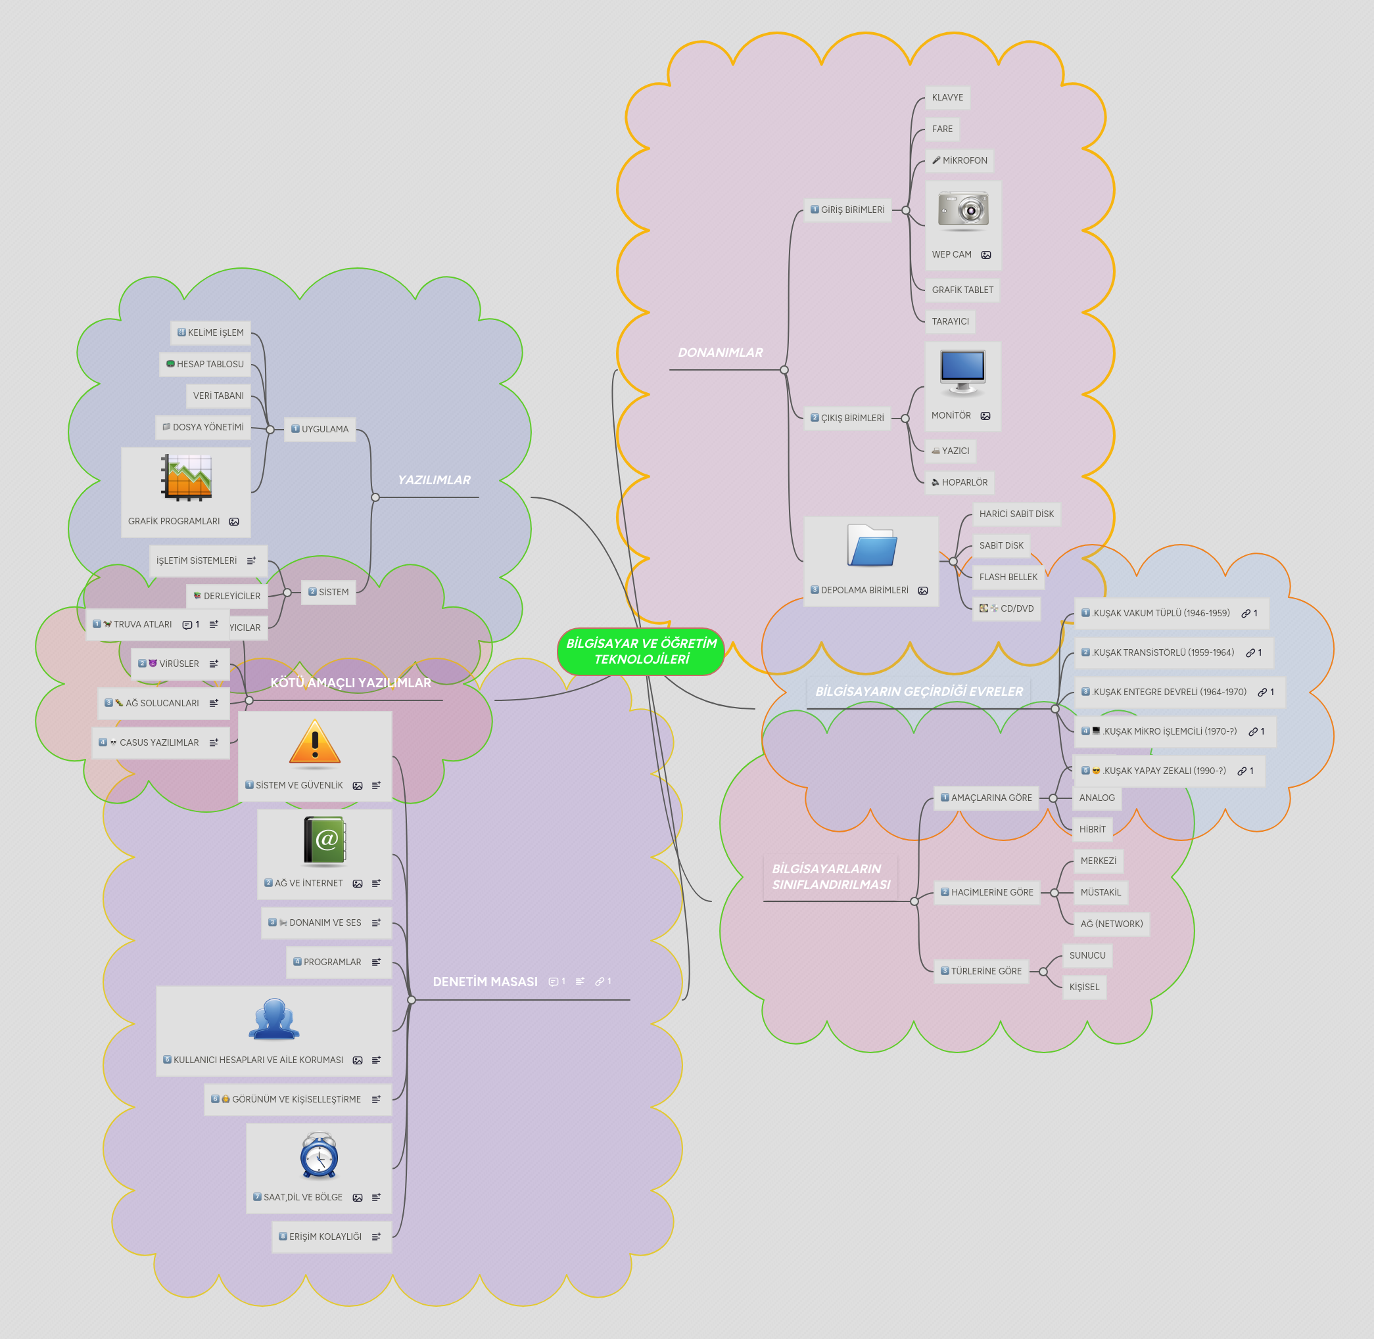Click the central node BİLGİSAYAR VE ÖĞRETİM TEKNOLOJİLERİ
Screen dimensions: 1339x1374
pyautogui.click(x=641, y=651)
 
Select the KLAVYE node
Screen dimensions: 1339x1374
pyautogui.click(x=947, y=98)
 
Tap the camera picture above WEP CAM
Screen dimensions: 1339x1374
pyautogui.click(x=963, y=210)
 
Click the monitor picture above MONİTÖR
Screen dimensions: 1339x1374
pyautogui.click(x=962, y=371)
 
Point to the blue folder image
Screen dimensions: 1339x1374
pyautogui.click(x=872, y=546)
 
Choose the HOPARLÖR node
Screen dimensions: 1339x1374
pyautogui.click(x=960, y=482)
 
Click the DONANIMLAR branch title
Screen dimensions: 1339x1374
pyautogui.click(x=720, y=353)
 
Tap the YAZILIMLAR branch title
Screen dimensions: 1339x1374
pyautogui.click(x=433, y=480)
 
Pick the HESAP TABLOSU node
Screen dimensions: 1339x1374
pyautogui.click(x=205, y=364)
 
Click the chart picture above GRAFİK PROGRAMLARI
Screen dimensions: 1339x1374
pyautogui.click(x=187, y=478)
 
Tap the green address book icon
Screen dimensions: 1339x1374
pyautogui.click(x=325, y=840)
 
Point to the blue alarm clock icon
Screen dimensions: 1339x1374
pyautogui.click(x=320, y=1155)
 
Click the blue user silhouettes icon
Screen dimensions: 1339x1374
pyautogui.click(x=274, y=1019)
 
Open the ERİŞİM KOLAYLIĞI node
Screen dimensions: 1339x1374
pyautogui.click(x=324, y=1237)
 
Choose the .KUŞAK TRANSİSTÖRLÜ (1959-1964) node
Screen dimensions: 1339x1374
pyautogui.click(x=1163, y=652)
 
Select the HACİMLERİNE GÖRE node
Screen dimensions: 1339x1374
pyautogui.click(x=991, y=892)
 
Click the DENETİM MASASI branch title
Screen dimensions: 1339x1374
pyautogui.click(x=485, y=982)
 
